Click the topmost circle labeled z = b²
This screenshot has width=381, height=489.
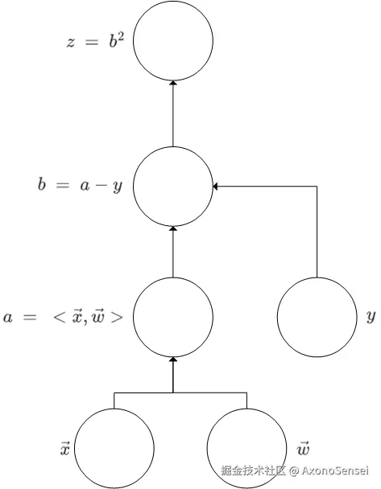tap(173, 41)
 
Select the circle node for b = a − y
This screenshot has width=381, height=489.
tap(173, 187)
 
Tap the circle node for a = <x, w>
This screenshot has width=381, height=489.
tap(173, 317)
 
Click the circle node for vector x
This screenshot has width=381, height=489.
tap(114, 448)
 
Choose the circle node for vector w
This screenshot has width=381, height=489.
tap(246, 448)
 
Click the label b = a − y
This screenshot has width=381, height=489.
tap(79, 187)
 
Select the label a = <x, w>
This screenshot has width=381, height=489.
tap(64, 317)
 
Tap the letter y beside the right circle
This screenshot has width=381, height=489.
tap(371, 317)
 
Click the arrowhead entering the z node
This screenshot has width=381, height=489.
tap(173, 84)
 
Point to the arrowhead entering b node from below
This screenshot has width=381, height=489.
tap(173, 230)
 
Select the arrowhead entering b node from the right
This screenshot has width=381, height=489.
tap(216, 187)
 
